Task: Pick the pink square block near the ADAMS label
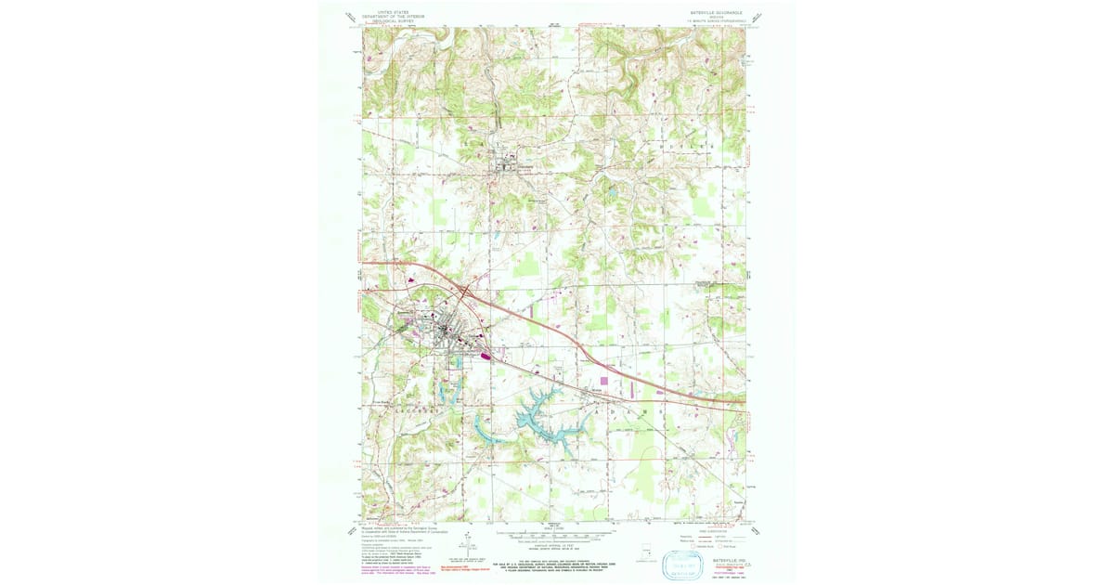coord(606,381)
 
